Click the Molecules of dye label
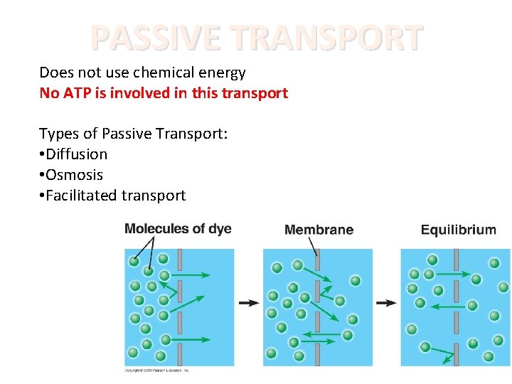tap(178, 228)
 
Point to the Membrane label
tap(319, 230)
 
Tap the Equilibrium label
tap(458, 230)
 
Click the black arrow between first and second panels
tap(249, 303)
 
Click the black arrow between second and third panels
tap(386, 303)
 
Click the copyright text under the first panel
tap(157, 370)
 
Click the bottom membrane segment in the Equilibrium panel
tap(456, 353)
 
